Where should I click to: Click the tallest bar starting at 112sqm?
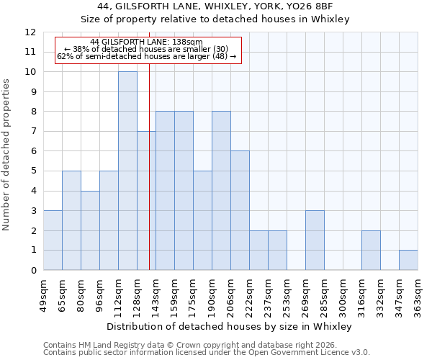tap(127, 171)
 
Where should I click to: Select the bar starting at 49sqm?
tap(53, 240)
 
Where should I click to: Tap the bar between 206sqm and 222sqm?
tap(240, 210)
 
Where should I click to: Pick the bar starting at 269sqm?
tap(315, 240)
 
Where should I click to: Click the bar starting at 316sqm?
tap(371, 251)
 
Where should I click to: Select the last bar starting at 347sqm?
tap(408, 260)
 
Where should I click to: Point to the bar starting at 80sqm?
tap(90, 230)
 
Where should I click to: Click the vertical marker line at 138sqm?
tap(149, 180)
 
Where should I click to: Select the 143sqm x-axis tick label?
tap(156, 295)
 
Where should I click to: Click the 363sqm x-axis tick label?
tap(418, 295)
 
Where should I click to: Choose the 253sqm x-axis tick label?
tap(287, 295)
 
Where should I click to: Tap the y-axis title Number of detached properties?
tap(6, 155)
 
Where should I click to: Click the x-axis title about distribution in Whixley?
tap(230, 327)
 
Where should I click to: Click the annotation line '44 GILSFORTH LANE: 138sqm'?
tap(147, 42)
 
